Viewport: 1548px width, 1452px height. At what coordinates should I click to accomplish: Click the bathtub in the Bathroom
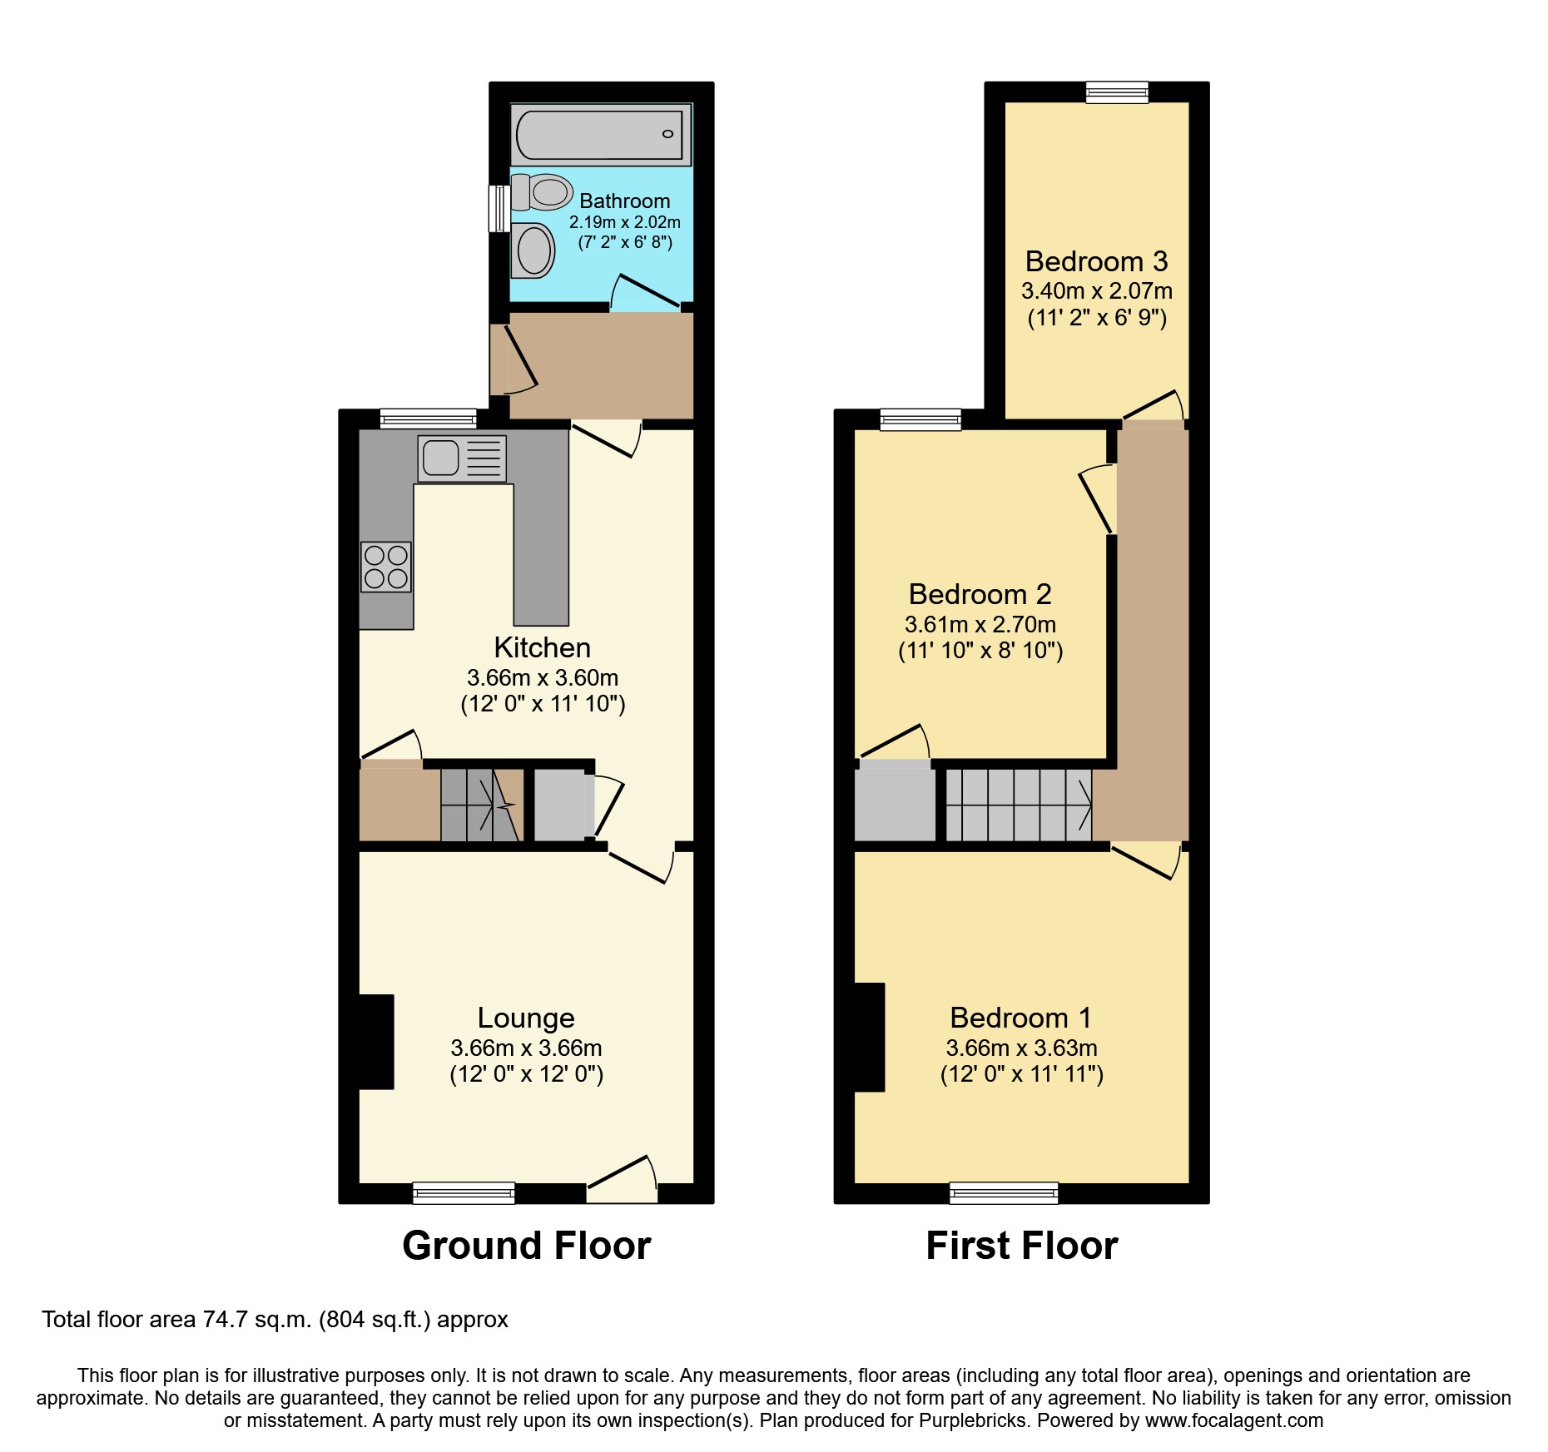[599, 135]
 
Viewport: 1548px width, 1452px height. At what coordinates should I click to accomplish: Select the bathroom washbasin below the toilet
[533, 250]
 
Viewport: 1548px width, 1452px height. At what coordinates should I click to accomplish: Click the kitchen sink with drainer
[461, 458]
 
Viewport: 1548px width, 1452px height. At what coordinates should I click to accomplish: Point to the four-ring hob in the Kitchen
[386, 567]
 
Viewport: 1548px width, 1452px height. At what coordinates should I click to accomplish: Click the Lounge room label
[526, 1018]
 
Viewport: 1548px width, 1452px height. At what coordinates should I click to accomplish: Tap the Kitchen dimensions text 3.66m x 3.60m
[543, 677]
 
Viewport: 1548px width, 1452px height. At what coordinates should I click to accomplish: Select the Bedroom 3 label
[1096, 261]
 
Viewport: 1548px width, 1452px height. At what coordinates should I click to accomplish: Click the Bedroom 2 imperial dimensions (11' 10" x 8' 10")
[980, 651]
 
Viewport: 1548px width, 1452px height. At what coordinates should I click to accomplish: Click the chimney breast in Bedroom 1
[869, 1037]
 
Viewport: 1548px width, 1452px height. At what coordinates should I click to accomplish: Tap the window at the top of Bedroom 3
[1117, 92]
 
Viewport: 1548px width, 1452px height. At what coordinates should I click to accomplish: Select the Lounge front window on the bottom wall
[464, 1193]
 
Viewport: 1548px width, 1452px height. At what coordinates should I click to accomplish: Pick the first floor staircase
[1019, 805]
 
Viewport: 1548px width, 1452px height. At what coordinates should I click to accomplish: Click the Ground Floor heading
[526, 1246]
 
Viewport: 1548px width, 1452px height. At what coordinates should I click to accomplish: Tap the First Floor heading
[1021, 1246]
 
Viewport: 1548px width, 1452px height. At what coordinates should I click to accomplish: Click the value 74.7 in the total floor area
[221, 1320]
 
